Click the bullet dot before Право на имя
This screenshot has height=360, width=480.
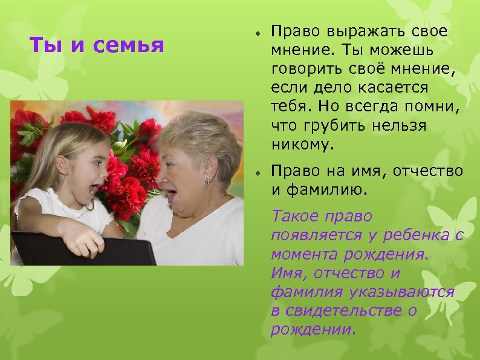257,173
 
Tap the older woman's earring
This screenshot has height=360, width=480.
206,182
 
